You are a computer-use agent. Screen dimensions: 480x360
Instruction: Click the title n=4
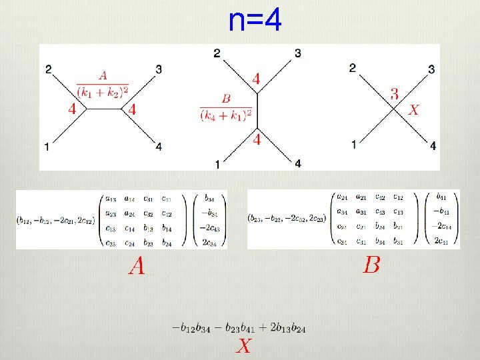point(255,21)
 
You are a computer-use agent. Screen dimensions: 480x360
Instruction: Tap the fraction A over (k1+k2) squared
point(102,83)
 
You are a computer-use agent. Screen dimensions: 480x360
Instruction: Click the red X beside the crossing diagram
point(413,110)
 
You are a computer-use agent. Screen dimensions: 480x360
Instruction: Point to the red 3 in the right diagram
point(395,95)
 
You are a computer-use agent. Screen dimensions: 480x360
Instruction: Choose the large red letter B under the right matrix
point(371,265)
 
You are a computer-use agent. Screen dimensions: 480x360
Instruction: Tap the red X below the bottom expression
point(244,346)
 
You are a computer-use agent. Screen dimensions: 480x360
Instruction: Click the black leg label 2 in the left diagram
point(49,68)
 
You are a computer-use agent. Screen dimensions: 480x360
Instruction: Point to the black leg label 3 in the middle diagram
point(297,53)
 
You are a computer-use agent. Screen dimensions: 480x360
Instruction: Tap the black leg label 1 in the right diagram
point(354,144)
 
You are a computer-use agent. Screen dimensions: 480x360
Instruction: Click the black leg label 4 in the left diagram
point(159,147)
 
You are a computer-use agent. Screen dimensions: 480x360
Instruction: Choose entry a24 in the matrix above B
point(342,197)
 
